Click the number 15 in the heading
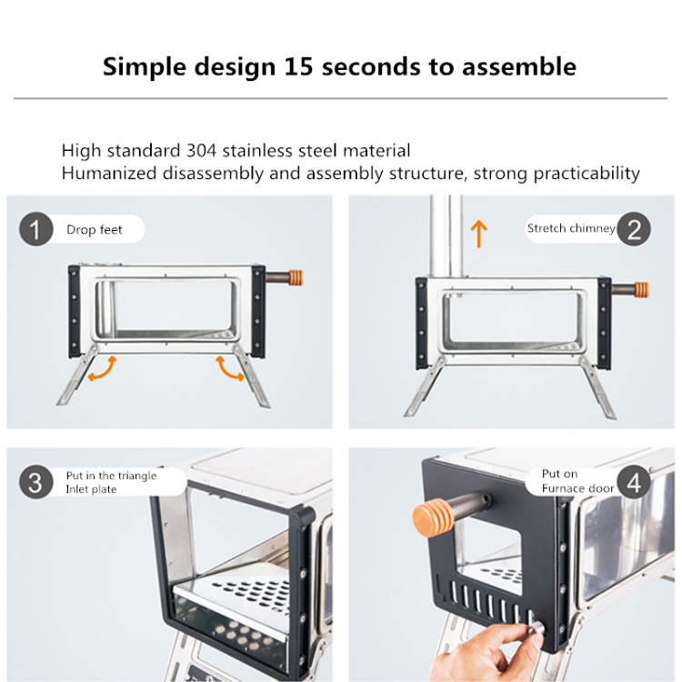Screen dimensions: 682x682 (x=299, y=66)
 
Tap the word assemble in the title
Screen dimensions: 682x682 (x=519, y=66)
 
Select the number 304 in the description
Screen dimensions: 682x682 (x=201, y=150)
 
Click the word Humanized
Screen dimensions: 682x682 (x=109, y=173)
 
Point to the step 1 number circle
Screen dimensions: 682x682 (x=35, y=229)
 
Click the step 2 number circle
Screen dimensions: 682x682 (x=634, y=229)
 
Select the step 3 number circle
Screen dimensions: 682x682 (x=35, y=482)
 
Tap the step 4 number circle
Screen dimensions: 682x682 (x=634, y=482)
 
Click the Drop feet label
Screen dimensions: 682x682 (x=95, y=229)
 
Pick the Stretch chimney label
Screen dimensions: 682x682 (x=571, y=228)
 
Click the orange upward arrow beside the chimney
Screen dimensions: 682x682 (x=479, y=234)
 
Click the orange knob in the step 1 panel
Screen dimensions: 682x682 (x=296, y=278)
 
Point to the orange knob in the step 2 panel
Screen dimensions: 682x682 (x=642, y=290)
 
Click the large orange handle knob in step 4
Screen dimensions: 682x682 (x=433, y=518)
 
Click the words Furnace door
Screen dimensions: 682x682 (x=577, y=488)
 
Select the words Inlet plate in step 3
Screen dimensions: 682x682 (x=91, y=489)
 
